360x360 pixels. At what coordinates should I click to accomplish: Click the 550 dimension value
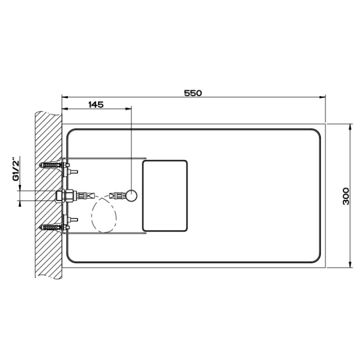[x=192, y=93]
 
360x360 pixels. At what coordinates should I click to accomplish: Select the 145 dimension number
[x=95, y=105]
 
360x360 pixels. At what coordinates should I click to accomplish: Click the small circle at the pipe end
[x=131, y=195]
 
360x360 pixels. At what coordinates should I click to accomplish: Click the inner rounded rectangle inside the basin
[x=164, y=196]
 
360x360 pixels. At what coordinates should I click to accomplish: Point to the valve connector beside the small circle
[x=117, y=195]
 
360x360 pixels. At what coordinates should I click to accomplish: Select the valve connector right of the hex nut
[x=90, y=195]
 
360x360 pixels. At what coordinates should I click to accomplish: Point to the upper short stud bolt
[x=73, y=171]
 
